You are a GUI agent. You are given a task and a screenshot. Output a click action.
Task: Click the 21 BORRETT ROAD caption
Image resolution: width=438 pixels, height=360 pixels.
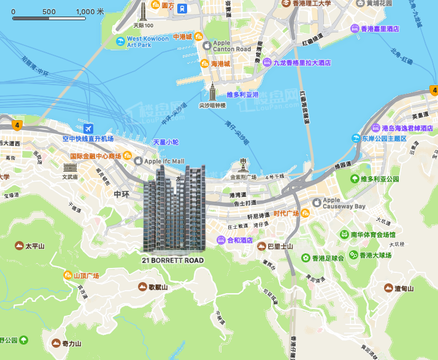coord(172,261)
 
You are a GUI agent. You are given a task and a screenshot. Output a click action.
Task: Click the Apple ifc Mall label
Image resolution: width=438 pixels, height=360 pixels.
coord(164,161)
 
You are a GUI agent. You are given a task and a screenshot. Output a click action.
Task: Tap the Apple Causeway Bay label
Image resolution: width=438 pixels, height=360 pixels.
coord(344,203)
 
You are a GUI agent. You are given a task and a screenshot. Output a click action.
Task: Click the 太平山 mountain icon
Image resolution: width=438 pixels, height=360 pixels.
coord(18,246)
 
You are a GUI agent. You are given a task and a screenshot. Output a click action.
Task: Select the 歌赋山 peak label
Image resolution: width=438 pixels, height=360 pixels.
coord(157,286)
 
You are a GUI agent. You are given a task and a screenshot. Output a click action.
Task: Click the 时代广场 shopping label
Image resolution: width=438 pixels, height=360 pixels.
coord(286,213)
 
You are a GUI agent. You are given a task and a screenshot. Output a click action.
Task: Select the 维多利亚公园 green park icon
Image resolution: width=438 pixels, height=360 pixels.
coord(354,179)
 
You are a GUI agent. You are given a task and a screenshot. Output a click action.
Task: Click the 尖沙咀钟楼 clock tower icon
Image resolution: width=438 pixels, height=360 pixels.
coord(212,92)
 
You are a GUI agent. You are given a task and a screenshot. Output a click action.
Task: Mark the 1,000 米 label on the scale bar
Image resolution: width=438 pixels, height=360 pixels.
coord(90,12)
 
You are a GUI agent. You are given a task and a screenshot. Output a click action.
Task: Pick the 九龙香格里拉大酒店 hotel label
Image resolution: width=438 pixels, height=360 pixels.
coord(302,63)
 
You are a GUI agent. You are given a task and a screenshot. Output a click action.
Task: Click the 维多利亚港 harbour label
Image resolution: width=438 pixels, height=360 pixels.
coord(243,95)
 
